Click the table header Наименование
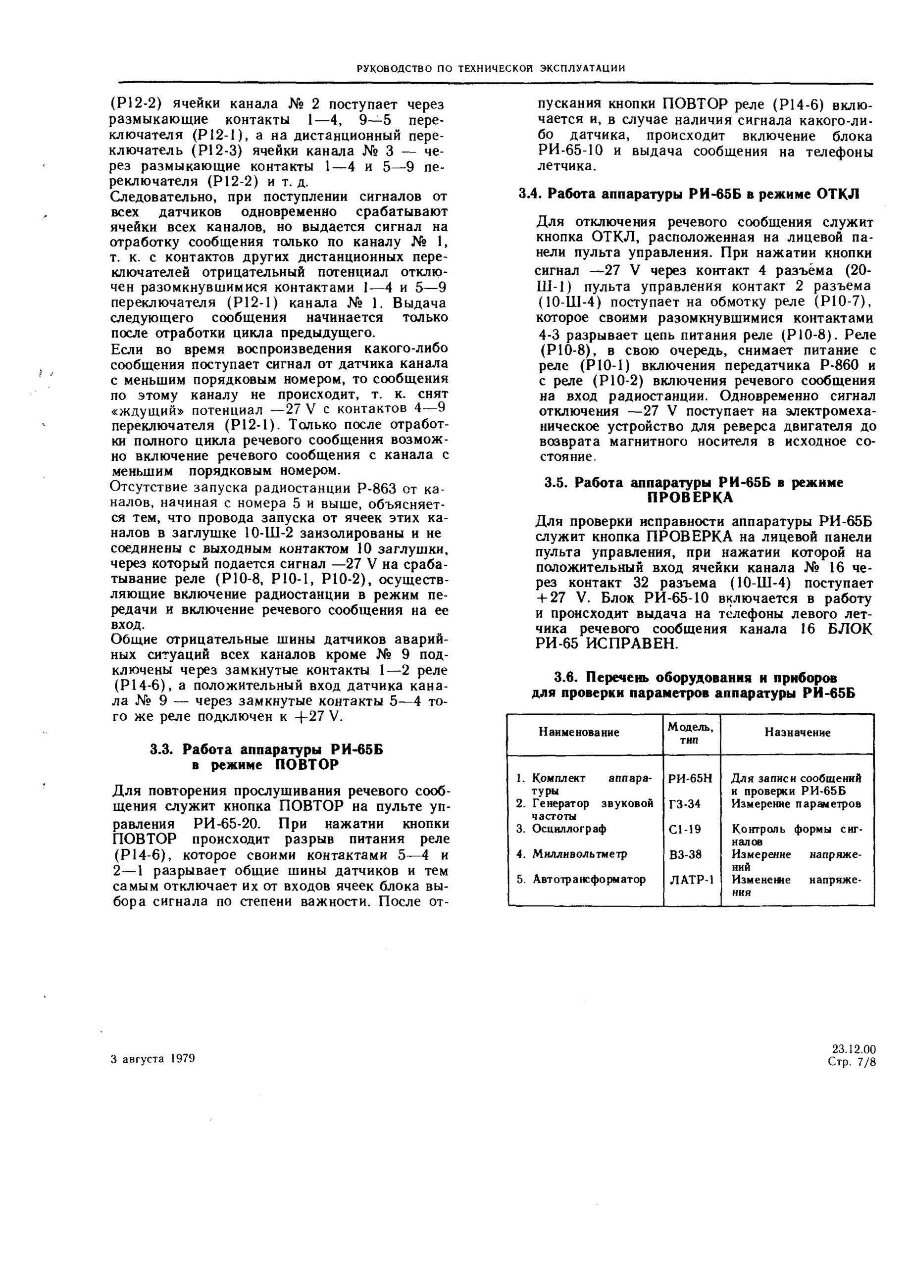579,732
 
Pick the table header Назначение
797,733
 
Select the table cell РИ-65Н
690,779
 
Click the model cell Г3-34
685,804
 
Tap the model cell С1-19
685,829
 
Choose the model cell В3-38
685,854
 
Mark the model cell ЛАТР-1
691,880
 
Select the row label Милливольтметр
579,854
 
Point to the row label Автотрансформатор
588,880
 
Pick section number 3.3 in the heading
162,749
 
